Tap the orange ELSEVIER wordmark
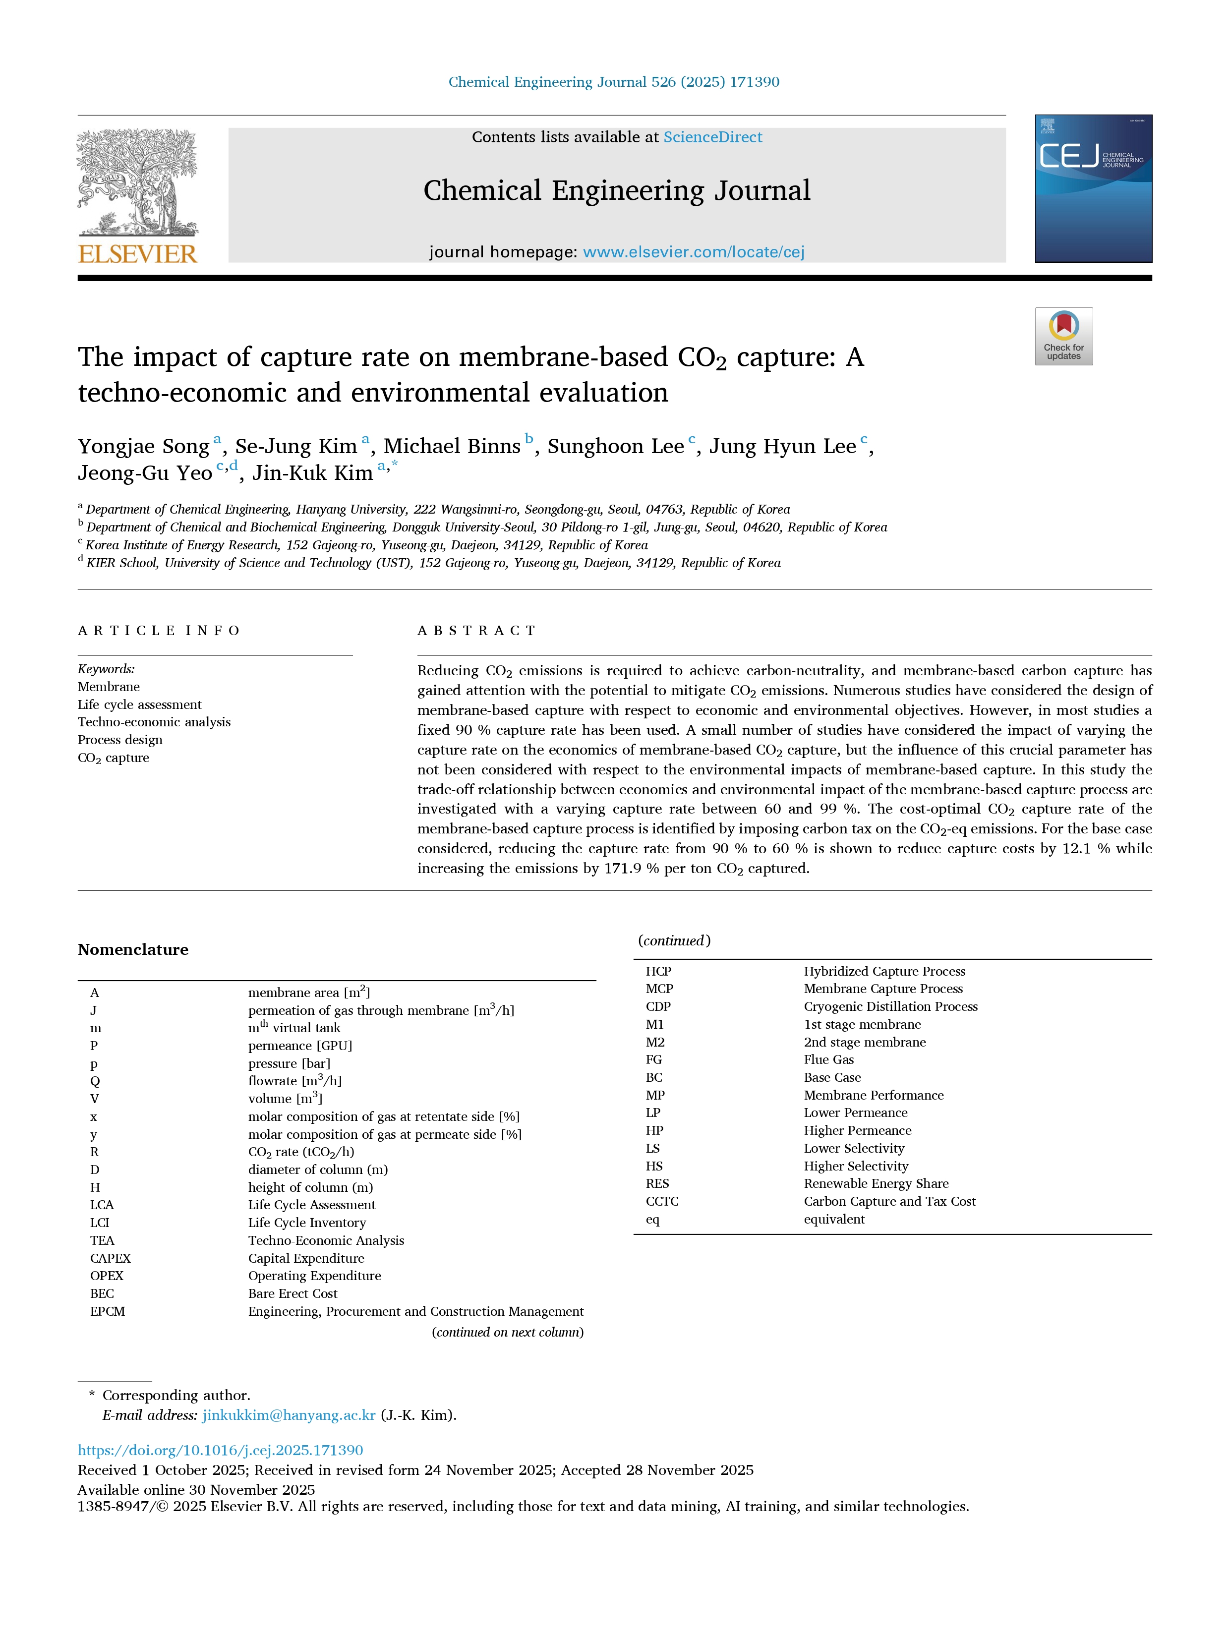pyautogui.click(x=138, y=254)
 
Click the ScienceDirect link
pyautogui.click(x=712, y=137)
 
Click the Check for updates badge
pyautogui.click(x=1063, y=336)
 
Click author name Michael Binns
pyautogui.click(x=452, y=446)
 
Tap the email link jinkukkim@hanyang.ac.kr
pyautogui.click(x=289, y=1414)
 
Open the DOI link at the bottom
pyautogui.click(x=220, y=1450)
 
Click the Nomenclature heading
pyautogui.click(x=133, y=950)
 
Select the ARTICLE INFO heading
pyautogui.click(x=159, y=631)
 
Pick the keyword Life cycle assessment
pyautogui.click(x=139, y=704)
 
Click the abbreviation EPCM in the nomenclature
pyautogui.click(x=108, y=1312)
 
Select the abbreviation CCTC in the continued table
pyautogui.click(x=662, y=1202)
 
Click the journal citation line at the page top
pyautogui.click(x=614, y=82)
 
